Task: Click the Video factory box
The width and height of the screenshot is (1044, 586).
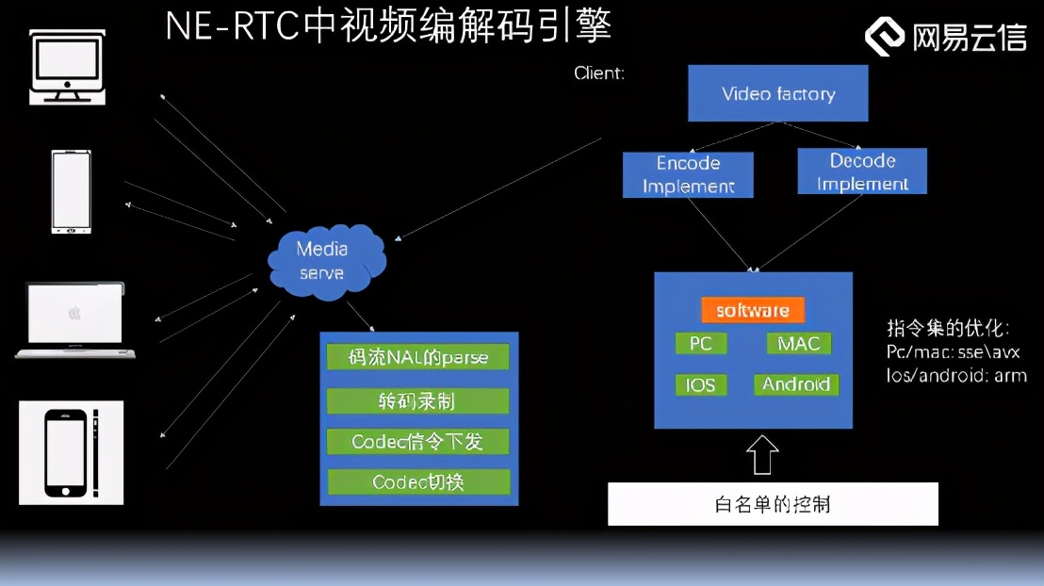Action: (777, 93)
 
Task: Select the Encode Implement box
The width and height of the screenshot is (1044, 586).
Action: (688, 174)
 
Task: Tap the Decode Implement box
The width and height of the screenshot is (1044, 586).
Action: (862, 171)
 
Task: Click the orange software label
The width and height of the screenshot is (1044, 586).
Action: (752, 310)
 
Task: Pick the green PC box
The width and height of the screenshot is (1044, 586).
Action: (701, 343)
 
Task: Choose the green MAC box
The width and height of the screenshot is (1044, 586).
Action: (798, 343)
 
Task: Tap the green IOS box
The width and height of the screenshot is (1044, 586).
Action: (701, 384)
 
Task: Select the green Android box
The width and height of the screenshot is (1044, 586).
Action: (795, 384)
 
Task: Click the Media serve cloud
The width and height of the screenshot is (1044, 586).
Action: (323, 261)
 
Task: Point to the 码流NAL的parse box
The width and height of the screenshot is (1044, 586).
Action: (417, 357)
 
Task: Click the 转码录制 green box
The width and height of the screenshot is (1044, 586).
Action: (417, 400)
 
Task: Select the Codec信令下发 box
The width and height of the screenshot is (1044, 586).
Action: (417, 441)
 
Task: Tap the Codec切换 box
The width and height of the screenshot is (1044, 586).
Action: (417, 482)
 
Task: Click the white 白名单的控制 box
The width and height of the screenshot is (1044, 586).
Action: (773, 504)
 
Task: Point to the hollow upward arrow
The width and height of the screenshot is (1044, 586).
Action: (762, 453)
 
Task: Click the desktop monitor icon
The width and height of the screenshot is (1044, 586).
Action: (68, 66)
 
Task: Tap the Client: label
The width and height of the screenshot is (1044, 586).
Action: (599, 73)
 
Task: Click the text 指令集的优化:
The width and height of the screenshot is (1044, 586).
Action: (947, 329)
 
